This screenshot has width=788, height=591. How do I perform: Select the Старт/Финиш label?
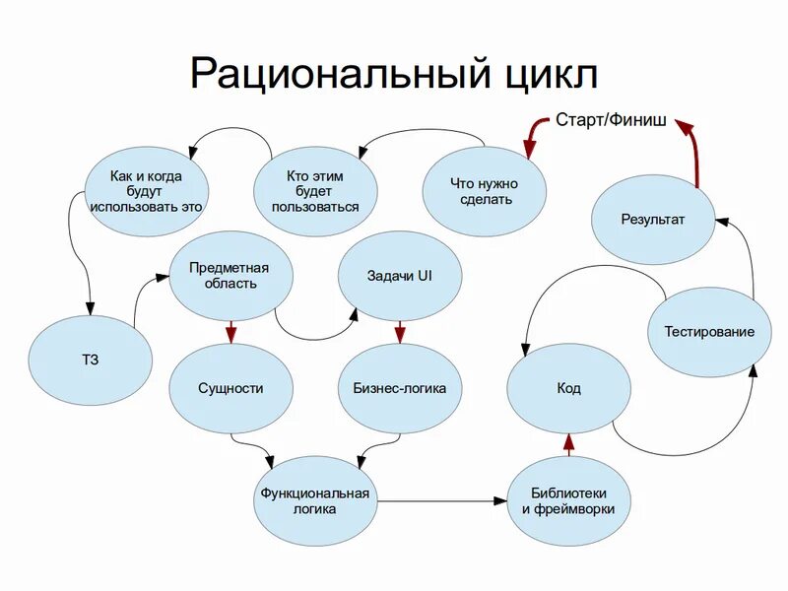(611, 121)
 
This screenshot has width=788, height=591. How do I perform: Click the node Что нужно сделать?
(484, 191)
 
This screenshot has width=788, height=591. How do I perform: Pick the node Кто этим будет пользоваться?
(315, 191)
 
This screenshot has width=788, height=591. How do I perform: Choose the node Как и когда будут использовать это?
(146, 191)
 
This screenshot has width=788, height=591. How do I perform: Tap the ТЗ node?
(91, 360)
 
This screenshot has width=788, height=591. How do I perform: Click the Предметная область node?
(230, 276)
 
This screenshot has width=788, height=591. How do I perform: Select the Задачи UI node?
(399, 276)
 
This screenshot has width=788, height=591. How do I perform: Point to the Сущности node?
(230, 388)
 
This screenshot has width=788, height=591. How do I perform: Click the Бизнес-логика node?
(399, 388)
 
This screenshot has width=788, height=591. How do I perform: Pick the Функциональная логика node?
(314, 500)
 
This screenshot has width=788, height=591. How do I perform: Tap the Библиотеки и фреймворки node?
(568, 500)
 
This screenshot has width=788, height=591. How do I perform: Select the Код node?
(568, 388)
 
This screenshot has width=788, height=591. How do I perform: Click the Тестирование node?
(709, 332)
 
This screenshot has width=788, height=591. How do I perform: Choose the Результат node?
(652, 220)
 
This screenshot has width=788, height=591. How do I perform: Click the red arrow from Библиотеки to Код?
(568, 444)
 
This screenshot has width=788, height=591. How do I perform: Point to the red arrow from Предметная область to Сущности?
(230, 332)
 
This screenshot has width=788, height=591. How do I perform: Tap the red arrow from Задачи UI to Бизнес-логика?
(399, 332)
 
